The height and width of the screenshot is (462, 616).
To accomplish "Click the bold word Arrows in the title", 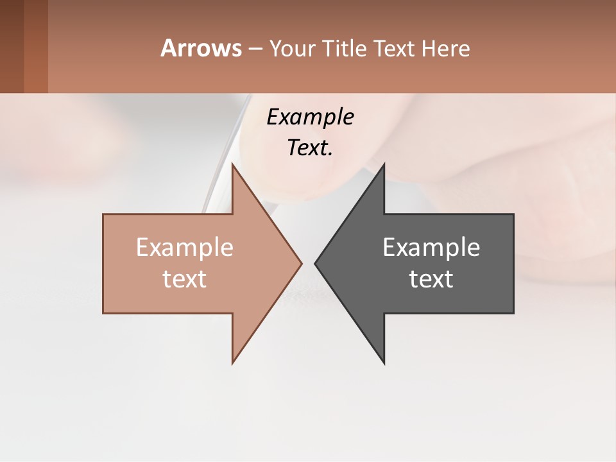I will pos(201,48).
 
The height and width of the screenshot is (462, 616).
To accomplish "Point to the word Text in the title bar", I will pos(393,49).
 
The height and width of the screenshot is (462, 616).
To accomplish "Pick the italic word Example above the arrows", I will pos(310,117).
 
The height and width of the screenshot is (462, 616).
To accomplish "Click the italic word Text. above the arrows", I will pos(310,148).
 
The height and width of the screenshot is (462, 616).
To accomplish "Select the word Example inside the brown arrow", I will pos(185,248).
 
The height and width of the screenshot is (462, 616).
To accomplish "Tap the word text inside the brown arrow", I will pos(185,278).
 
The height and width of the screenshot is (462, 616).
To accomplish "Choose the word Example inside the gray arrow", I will pos(431,248).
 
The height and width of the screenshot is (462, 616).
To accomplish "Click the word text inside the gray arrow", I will pos(431,278).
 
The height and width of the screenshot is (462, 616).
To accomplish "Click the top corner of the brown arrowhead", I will pos(234,166).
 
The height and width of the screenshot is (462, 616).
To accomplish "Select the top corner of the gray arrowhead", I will pos(383,166).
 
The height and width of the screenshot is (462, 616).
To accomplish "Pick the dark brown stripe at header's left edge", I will pos(12,46).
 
